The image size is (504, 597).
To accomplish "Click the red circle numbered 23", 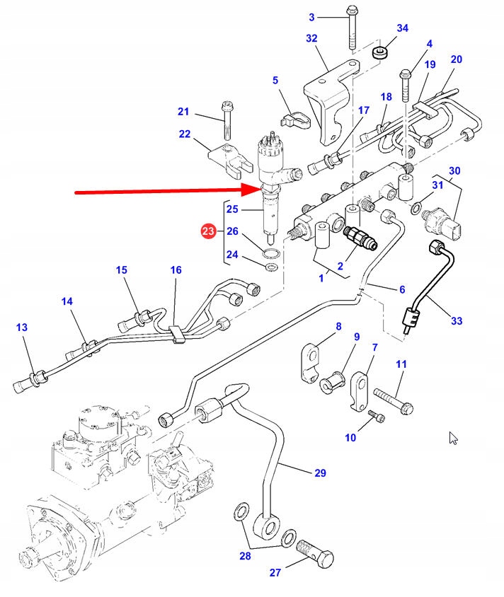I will pyautogui.click(x=208, y=231).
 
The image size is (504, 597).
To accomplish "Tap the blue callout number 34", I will pyautogui.click(x=402, y=28).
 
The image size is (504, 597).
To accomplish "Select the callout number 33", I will pyautogui.click(x=457, y=320).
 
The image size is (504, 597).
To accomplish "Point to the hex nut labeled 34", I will pyautogui.click(x=382, y=52).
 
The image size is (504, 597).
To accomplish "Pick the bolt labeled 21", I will pyautogui.click(x=227, y=120).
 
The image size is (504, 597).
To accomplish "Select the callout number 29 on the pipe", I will pyautogui.click(x=320, y=473).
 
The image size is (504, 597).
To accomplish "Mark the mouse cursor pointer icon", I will pyautogui.click(x=453, y=438).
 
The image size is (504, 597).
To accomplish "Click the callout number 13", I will pyautogui.click(x=22, y=328).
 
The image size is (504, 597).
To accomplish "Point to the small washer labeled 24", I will pyautogui.click(x=270, y=267).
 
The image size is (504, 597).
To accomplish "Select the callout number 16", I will pyautogui.click(x=176, y=270).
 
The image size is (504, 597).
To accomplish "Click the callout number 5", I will pyautogui.click(x=276, y=81).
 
